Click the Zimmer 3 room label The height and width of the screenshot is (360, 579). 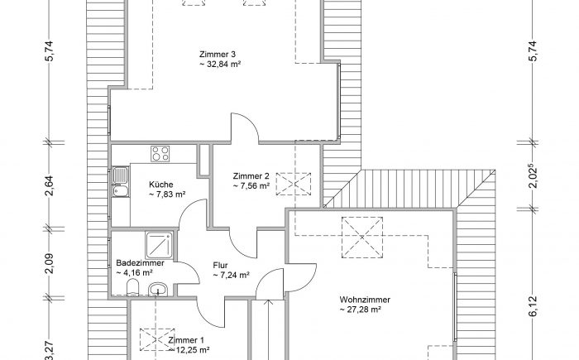point(218,55)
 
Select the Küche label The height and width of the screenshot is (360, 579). point(161,185)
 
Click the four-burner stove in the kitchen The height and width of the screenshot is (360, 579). point(160,154)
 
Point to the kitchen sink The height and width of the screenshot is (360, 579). point(121,181)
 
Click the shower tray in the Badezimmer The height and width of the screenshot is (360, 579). point(159,245)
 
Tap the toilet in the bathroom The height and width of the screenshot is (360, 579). point(132,287)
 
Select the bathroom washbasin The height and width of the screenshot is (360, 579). point(159,289)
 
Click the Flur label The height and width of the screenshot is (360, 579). point(221,266)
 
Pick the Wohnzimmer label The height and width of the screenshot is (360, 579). point(365,300)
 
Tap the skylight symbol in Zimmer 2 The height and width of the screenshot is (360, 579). point(294,184)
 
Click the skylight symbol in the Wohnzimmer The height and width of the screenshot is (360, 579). point(362,238)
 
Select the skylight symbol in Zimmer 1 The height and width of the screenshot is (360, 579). point(157,339)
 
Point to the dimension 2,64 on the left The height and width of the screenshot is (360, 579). point(50,185)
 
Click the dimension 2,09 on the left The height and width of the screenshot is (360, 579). point(50,263)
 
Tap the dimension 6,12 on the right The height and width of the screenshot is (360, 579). point(533,307)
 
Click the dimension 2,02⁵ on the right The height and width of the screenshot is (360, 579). point(533,176)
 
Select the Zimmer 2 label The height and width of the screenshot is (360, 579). point(251,176)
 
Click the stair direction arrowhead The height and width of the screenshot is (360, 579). point(269,302)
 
